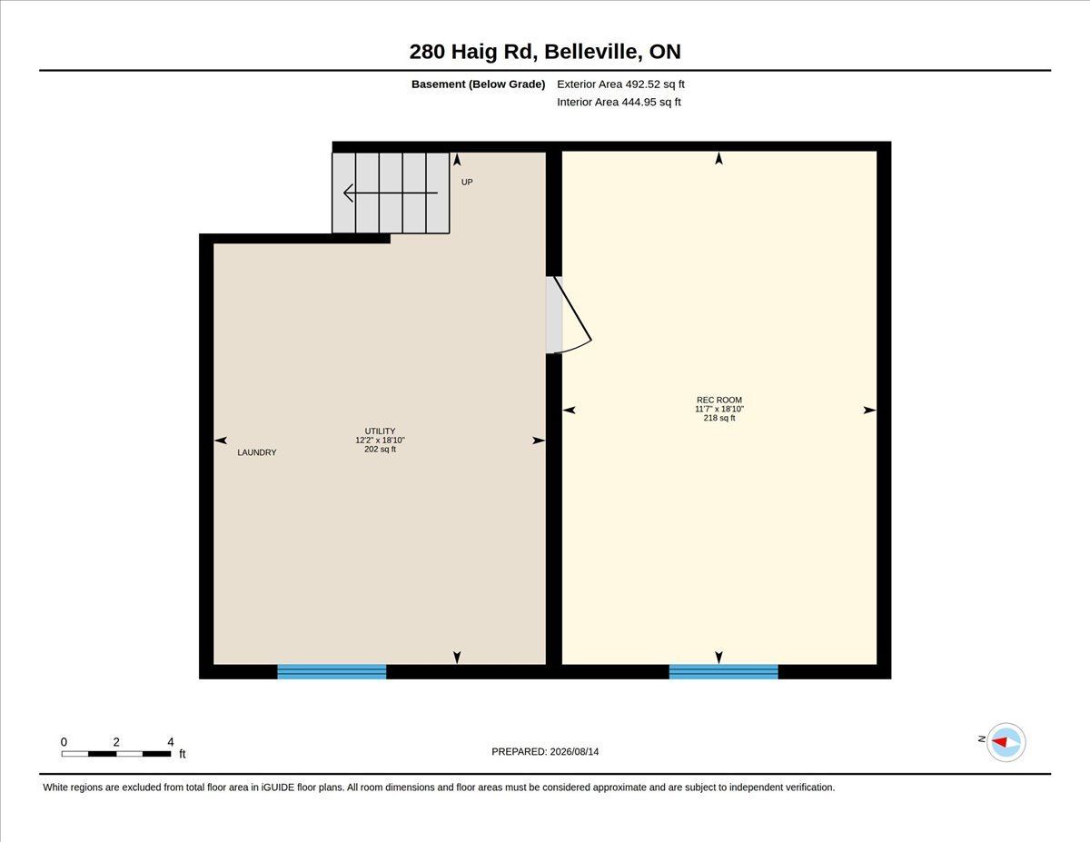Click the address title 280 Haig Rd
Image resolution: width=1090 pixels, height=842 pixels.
coord(473,52)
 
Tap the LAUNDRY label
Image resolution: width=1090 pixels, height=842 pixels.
coord(257,452)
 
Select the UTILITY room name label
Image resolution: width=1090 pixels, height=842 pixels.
coord(381,431)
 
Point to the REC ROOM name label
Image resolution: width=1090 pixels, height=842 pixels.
coord(718,401)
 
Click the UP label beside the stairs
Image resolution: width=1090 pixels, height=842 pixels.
coord(467,182)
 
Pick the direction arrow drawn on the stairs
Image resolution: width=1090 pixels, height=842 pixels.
coord(391,193)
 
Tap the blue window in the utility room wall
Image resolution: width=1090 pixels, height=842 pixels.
coord(332,672)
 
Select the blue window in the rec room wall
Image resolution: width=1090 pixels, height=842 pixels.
coord(723,672)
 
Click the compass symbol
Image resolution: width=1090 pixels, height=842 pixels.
coord(1006,742)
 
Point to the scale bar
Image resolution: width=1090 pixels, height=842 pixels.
coord(116,754)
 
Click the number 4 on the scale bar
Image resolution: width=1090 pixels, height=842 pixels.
coord(171,742)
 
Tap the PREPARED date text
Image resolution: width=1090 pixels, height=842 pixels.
coord(545,752)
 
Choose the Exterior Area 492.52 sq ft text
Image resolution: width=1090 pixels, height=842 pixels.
coord(620,84)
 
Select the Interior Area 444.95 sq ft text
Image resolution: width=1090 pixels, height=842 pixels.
coord(619,103)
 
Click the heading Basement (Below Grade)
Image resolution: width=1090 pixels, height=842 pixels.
coord(478,84)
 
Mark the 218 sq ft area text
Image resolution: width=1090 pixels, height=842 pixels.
coord(718,418)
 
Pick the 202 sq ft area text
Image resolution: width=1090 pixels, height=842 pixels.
coord(381,450)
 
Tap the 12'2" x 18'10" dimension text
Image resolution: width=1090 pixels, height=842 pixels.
coord(381,441)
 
